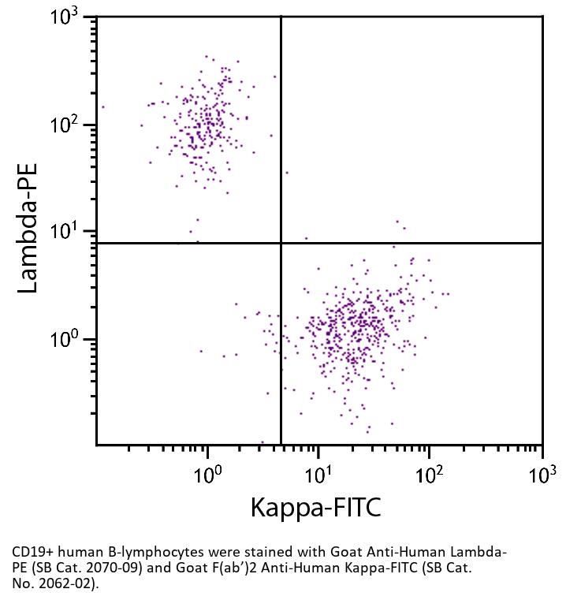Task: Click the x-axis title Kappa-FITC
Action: (x=315, y=507)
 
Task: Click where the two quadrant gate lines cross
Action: (x=281, y=243)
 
